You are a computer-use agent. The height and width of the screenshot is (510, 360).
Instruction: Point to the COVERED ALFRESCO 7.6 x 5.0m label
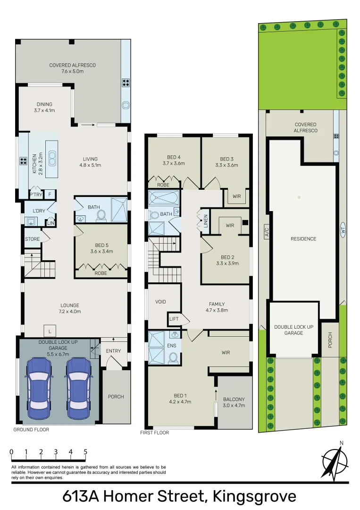tap(72, 68)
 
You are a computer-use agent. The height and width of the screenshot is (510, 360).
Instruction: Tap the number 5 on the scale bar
tap(85, 452)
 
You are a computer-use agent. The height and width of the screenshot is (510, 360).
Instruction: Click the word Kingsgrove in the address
tap(254, 496)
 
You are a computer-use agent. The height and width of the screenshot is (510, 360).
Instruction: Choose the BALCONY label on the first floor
tap(234, 402)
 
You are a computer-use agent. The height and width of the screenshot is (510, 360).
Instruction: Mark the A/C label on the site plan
tap(266, 232)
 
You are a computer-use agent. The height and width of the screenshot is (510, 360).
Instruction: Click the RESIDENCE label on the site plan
tap(303, 239)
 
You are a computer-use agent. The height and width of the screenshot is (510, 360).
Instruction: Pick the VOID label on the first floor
tap(161, 302)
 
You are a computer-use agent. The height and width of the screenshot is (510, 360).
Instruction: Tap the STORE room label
tap(33, 239)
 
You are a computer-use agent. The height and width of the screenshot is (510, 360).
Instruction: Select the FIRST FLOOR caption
tap(155, 433)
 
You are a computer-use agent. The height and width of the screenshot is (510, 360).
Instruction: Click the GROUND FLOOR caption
tap(31, 430)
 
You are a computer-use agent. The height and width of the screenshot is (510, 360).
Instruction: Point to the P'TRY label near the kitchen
tap(35, 194)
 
